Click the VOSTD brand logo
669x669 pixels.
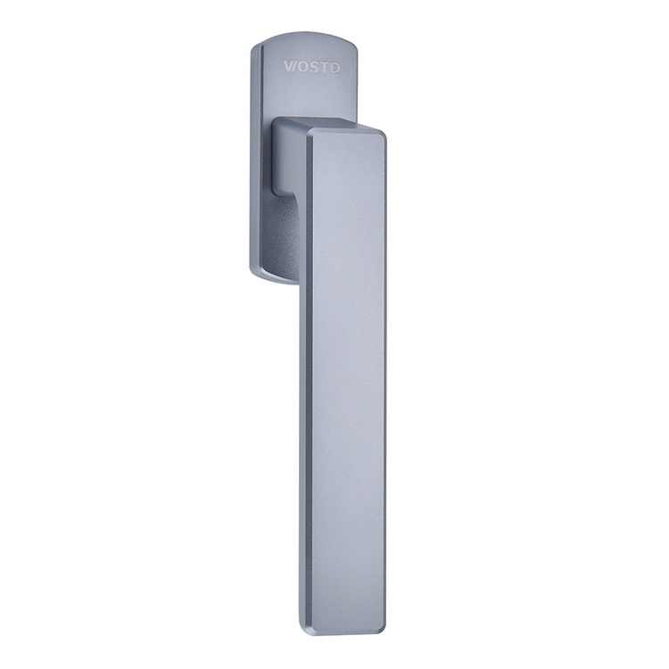(x=312, y=67)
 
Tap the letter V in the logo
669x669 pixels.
(x=289, y=67)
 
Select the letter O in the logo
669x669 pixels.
(x=301, y=67)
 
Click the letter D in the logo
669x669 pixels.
(x=334, y=67)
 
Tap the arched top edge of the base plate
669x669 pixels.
(x=304, y=34)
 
